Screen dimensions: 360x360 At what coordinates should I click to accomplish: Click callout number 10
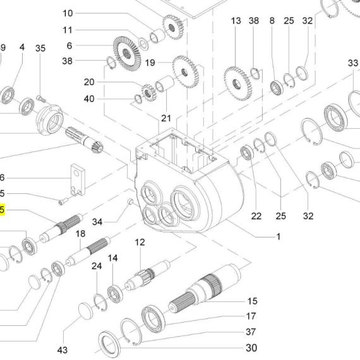click(68, 13)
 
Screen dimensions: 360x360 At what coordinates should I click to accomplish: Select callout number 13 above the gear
click(236, 21)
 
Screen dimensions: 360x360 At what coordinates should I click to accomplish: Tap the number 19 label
click(150, 63)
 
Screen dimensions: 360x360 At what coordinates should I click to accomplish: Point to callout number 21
click(166, 118)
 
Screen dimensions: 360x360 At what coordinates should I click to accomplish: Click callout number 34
click(97, 222)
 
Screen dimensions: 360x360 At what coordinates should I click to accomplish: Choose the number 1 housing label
click(279, 236)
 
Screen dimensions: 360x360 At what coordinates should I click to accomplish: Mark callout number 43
click(63, 350)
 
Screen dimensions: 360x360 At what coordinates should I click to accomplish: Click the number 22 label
click(256, 216)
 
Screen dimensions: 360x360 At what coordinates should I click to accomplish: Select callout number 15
click(253, 301)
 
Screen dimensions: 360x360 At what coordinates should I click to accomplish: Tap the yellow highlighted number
click(3, 210)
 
